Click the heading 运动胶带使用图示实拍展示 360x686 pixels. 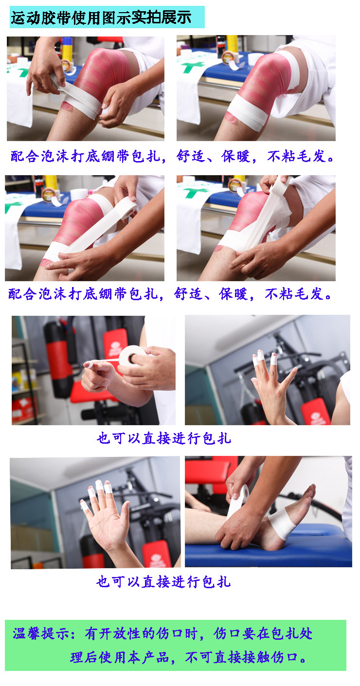[x=101, y=18]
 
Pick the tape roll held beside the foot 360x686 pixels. [x=236, y=501]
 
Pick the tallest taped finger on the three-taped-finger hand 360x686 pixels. [x=273, y=360]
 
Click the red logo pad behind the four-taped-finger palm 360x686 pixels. [x=156, y=555]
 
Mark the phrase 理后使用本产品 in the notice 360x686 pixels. [x=119, y=658]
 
